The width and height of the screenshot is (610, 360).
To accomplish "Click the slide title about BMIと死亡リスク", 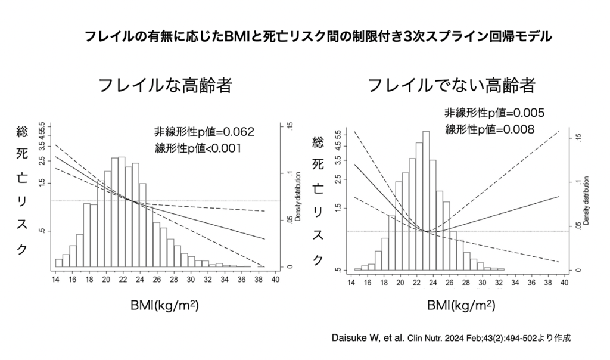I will click(x=318, y=36).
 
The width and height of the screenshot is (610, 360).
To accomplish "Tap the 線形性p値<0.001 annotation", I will click(x=197, y=148).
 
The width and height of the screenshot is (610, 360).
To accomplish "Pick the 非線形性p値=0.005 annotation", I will click(x=494, y=113).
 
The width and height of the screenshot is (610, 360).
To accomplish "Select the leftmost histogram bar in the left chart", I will click(x=58, y=263).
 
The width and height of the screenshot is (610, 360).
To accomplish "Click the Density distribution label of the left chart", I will click(x=297, y=197).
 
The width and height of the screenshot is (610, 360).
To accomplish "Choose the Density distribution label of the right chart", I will click(x=587, y=200).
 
